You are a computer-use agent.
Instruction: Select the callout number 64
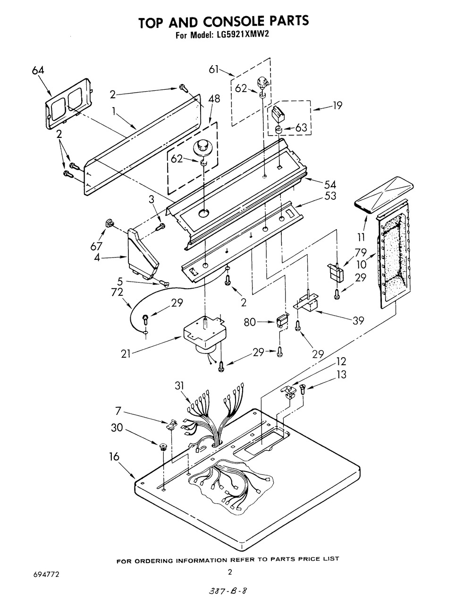pyautogui.click(x=38, y=70)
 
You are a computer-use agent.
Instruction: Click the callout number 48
pyautogui.click(x=214, y=99)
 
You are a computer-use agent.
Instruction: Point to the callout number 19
pyautogui.click(x=337, y=105)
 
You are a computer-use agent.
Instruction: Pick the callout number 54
pyautogui.click(x=330, y=185)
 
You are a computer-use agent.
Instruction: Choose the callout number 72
pyautogui.click(x=117, y=292)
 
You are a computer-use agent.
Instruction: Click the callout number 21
pyautogui.click(x=126, y=354)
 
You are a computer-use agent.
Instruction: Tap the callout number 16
pyautogui.click(x=114, y=456)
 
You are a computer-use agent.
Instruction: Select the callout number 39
pyautogui.click(x=358, y=321)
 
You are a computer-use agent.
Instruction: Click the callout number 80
pyautogui.click(x=250, y=322)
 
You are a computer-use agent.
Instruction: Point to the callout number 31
pyautogui.click(x=179, y=386)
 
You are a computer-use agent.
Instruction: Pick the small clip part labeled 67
pyautogui.click(x=109, y=223)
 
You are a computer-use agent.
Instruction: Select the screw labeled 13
pyautogui.click(x=303, y=389)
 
